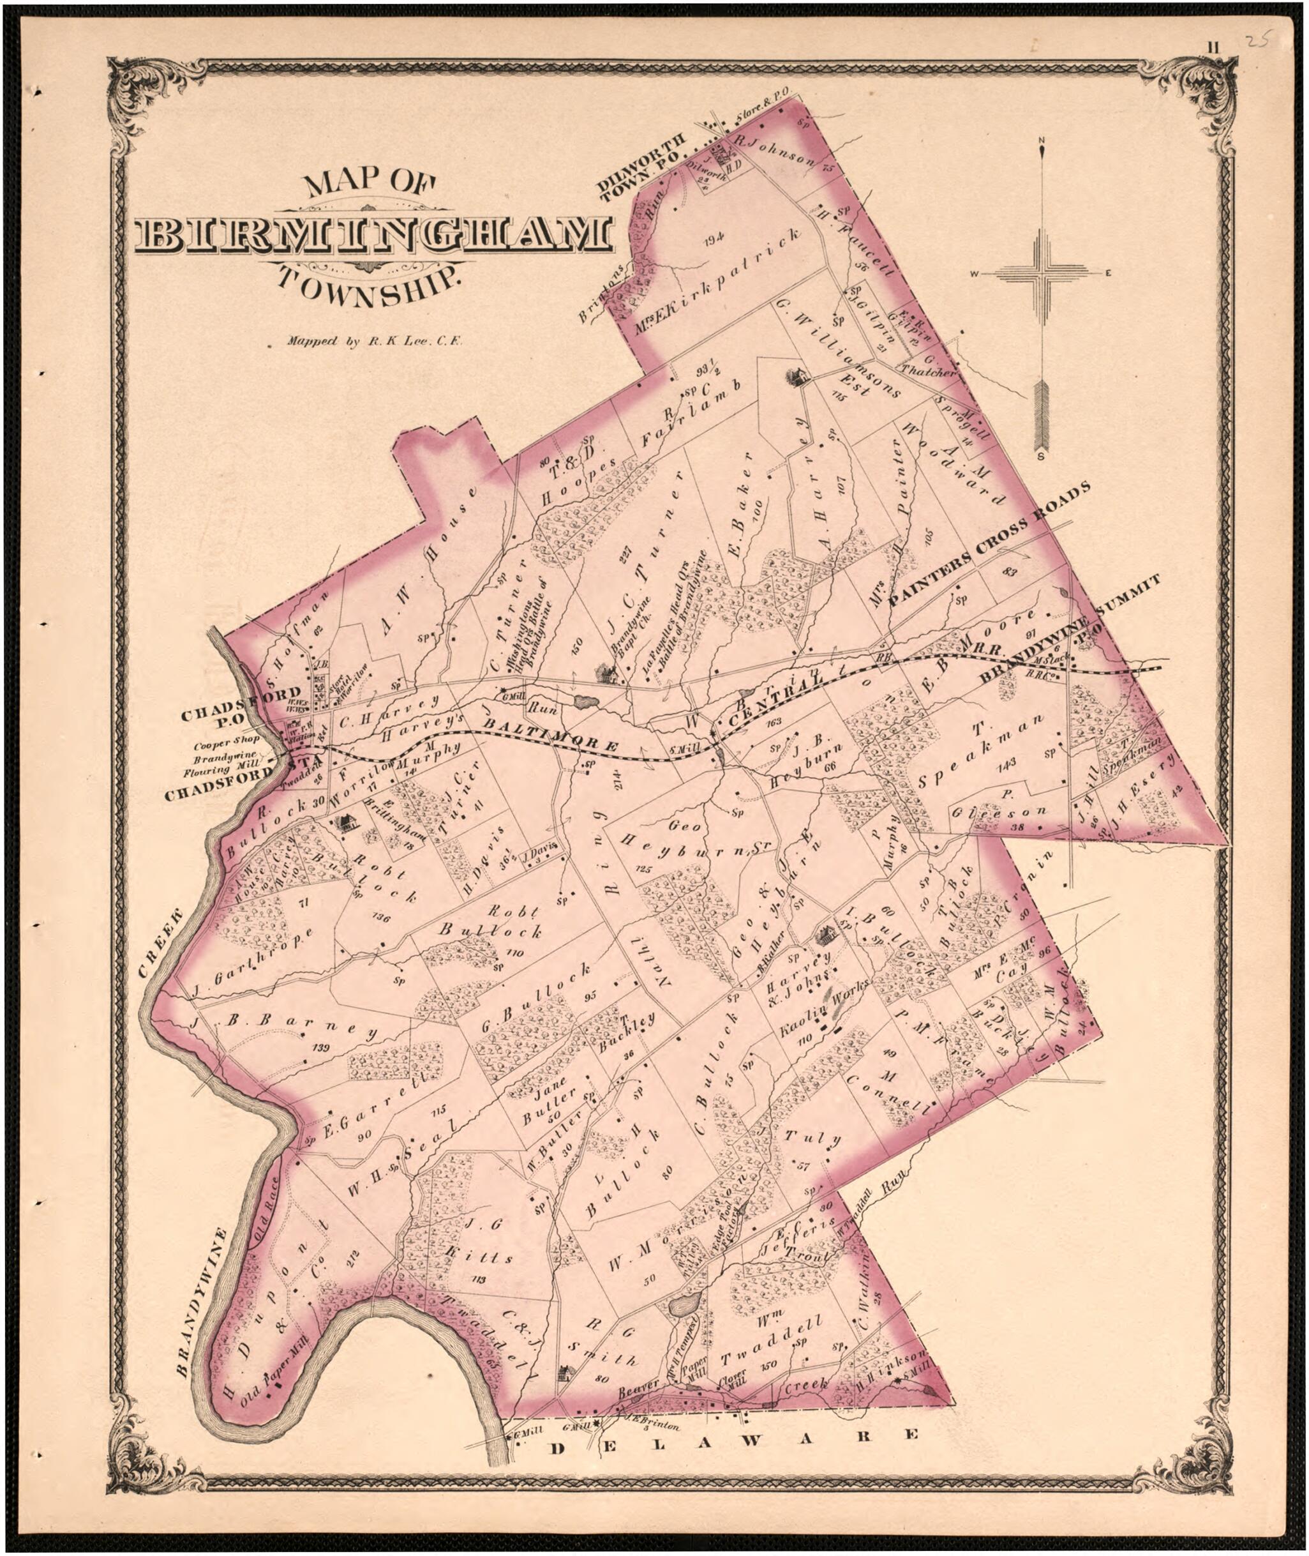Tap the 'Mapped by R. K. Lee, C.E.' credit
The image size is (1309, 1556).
pos(375,342)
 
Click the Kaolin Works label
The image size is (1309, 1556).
pos(824,1010)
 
